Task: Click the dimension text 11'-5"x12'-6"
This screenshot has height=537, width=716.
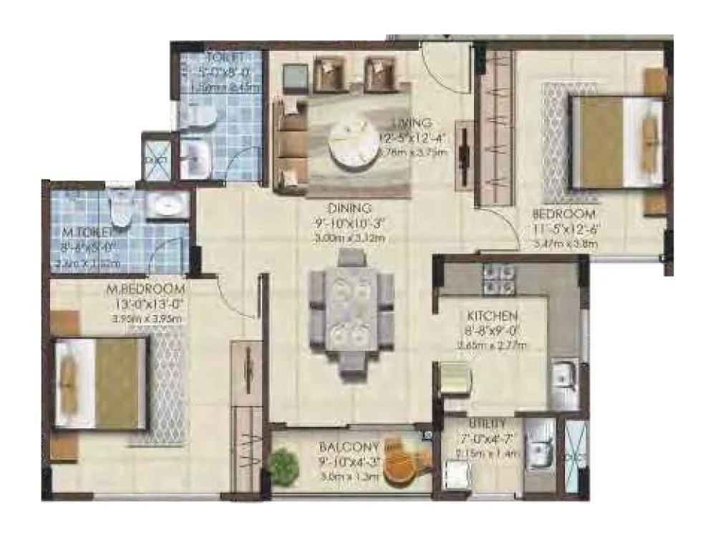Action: click(565, 230)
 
